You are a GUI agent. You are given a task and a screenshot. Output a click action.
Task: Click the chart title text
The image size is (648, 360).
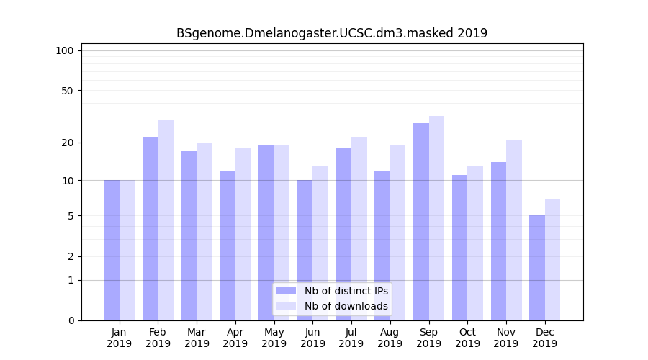[x=332, y=33]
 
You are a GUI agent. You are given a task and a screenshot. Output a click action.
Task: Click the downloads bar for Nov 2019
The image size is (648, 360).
[x=514, y=230]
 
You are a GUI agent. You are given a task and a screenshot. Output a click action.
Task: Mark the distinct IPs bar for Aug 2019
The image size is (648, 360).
[x=382, y=246]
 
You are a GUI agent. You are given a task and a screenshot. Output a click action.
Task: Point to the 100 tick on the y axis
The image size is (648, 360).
[x=65, y=50]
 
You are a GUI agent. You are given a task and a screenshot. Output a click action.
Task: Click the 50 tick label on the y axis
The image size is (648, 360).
[x=67, y=91]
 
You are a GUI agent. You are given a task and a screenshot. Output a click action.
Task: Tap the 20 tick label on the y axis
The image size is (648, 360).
[x=67, y=143]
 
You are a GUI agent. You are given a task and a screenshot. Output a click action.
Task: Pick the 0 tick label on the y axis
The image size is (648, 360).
[x=71, y=320]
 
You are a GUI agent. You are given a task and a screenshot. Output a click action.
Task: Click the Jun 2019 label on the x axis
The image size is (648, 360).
[x=312, y=338]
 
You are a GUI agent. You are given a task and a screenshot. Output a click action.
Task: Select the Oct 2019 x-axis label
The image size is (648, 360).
[x=467, y=338]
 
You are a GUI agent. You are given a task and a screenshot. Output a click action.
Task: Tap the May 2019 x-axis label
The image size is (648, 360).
[x=274, y=338]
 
